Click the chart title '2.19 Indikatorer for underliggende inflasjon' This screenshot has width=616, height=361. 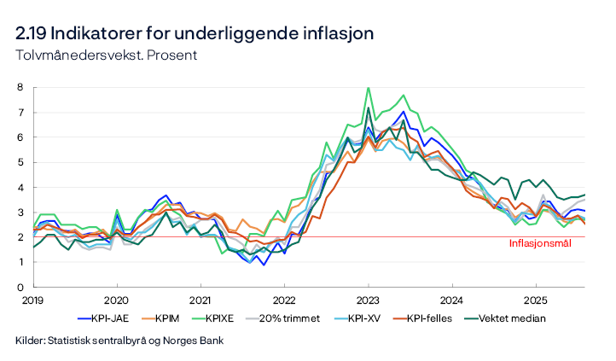click(x=194, y=34)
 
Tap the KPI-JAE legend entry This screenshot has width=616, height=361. click(x=114, y=318)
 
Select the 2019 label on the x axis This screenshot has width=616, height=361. click(x=32, y=300)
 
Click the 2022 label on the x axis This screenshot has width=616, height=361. click(x=284, y=300)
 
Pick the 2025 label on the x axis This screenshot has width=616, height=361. click(x=536, y=300)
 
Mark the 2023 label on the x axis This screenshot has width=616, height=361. click(x=368, y=300)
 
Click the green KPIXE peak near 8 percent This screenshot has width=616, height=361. click(x=368, y=88)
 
